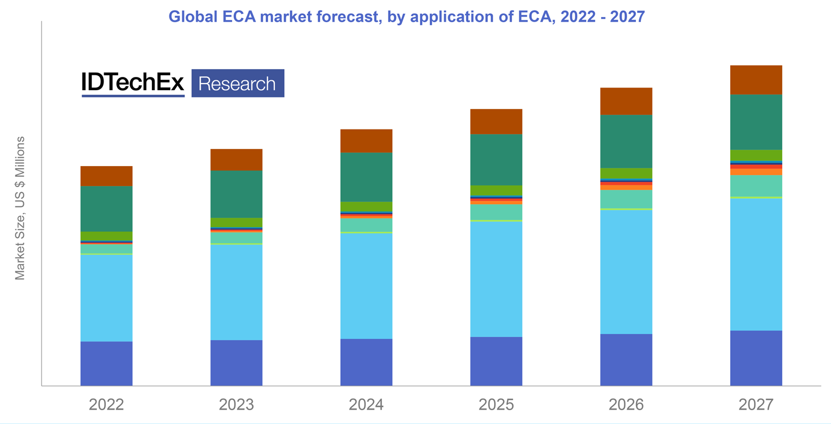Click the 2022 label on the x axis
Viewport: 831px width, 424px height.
click(106, 405)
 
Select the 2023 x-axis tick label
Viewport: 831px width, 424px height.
click(237, 405)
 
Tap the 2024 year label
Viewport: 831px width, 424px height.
click(366, 405)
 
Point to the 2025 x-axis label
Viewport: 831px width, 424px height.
click(496, 405)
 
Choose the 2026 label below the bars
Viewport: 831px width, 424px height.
click(626, 405)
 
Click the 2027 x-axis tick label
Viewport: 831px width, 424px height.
click(756, 405)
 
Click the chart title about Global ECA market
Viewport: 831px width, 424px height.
click(407, 17)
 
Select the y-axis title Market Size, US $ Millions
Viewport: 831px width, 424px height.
click(20, 208)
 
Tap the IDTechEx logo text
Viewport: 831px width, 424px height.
click(133, 83)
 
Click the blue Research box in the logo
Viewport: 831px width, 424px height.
click(237, 84)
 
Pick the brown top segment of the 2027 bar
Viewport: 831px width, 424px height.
click(756, 80)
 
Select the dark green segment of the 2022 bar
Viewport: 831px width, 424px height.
click(106, 209)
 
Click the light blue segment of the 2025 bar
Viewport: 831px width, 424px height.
click(496, 279)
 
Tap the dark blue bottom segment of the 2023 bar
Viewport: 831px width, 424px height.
click(237, 363)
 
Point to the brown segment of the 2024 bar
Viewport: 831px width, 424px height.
click(366, 141)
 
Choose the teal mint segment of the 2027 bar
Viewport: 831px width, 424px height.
click(756, 185)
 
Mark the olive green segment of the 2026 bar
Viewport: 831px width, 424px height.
click(626, 173)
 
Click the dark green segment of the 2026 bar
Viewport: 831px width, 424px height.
click(626, 141)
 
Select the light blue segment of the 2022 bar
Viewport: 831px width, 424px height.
click(106, 298)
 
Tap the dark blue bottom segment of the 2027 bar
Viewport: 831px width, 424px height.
click(756, 358)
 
